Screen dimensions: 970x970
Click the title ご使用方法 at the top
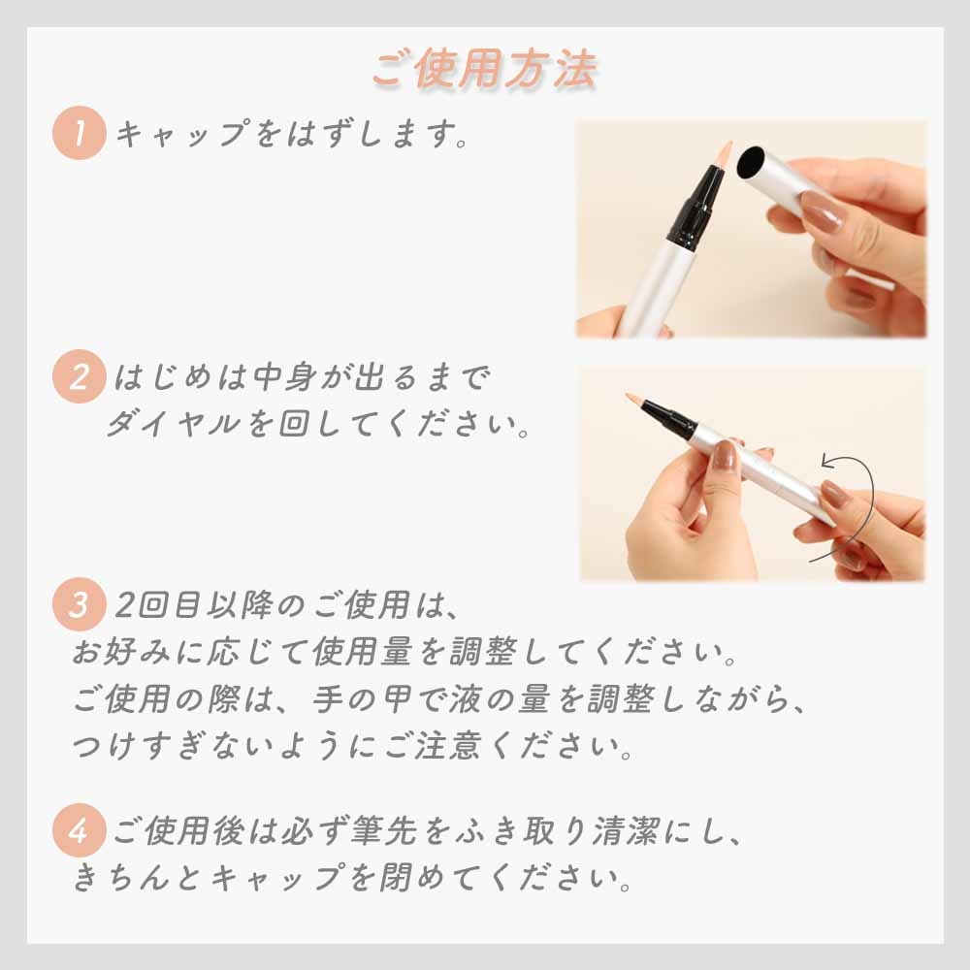point(484,69)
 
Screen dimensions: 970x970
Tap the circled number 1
point(78,134)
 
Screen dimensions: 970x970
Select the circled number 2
point(78,379)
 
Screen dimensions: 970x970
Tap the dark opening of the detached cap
point(753,163)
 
